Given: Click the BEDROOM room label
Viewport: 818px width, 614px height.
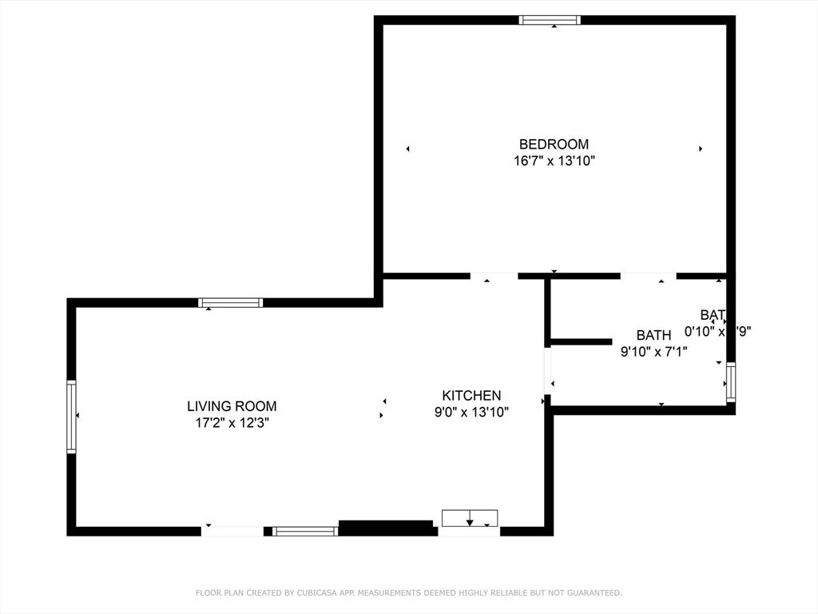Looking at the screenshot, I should pos(554,144).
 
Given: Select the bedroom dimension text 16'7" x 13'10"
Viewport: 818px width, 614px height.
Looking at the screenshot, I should pos(554,161).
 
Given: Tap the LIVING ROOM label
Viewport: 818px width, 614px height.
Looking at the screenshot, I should pos(232,406).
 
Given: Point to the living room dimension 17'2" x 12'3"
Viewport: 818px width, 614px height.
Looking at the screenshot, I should pos(232,423).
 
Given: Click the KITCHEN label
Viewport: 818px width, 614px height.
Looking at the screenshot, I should pos(471,395).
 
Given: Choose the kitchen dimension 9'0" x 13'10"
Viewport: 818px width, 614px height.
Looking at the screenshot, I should pos(471,412).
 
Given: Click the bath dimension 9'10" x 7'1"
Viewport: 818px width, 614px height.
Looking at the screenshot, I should pos(653,350).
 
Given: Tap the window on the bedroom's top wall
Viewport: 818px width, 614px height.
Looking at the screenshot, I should pos(550,20).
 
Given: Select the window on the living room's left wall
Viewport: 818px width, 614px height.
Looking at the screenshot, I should pos(71,417).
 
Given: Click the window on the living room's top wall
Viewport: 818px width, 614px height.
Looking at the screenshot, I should pos(230,303).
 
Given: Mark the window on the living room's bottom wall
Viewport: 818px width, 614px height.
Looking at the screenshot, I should pos(305,531).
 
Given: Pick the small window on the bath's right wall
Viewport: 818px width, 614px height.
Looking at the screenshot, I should pos(730,382).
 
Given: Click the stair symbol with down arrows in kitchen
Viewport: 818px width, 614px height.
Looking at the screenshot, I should pos(470,518).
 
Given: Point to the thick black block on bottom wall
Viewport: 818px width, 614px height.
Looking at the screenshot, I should pos(387,528).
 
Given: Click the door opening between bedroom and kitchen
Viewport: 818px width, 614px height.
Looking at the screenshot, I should pos(494,277).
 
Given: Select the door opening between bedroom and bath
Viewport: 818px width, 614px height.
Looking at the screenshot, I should pos(648,277).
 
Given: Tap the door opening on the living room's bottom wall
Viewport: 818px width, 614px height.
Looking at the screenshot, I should pos(232,531).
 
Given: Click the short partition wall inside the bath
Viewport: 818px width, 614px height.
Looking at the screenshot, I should pos(581,342).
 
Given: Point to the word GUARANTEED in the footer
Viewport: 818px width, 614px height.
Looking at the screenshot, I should pos(594,593).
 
